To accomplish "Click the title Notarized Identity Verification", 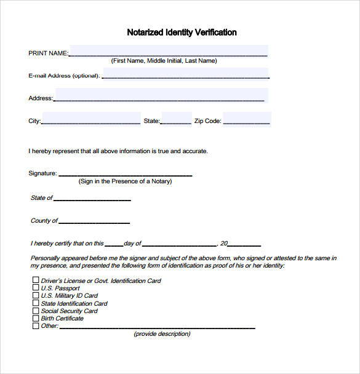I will (x=182, y=33).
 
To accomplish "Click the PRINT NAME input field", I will (x=169, y=51).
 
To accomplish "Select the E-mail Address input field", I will (x=185, y=74).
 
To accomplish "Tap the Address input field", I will (x=160, y=95).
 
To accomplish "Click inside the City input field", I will (x=90, y=119).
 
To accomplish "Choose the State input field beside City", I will (x=176, y=119).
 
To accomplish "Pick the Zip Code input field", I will (x=247, y=119).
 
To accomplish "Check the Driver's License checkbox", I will (x=35, y=280).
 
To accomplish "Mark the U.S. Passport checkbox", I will (x=35, y=288).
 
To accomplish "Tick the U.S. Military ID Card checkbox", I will (x=35, y=295).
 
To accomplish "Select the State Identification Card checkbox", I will (x=35, y=303).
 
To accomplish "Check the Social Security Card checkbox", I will (x=35, y=311).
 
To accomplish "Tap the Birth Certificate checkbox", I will (x=35, y=318).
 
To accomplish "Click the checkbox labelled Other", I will (x=35, y=326).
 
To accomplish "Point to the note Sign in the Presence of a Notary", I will (x=125, y=181).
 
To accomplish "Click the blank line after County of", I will (x=94, y=221).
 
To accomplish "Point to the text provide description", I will (x=162, y=334).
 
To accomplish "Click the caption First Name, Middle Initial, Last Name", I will (x=164, y=61).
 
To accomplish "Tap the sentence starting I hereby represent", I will (x=118, y=151).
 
